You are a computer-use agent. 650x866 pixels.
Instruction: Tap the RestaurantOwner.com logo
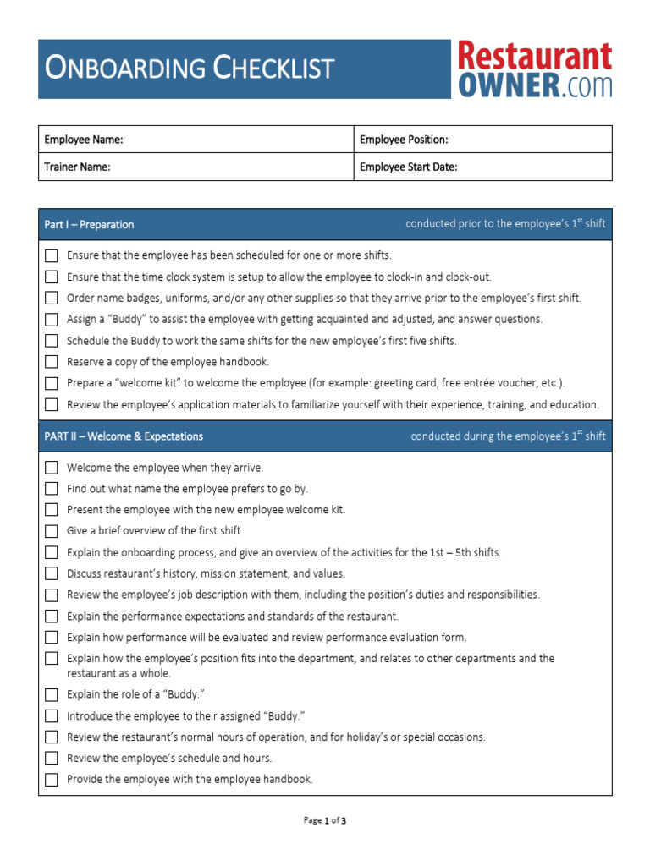(x=534, y=69)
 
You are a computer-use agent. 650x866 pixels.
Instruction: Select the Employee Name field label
(x=84, y=140)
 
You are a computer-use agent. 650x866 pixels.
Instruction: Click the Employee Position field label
(x=404, y=140)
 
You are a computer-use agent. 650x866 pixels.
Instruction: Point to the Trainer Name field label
(x=77, y=167)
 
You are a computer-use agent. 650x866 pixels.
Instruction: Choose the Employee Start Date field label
(x=409, y=167)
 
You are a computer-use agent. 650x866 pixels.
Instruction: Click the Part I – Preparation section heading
(x=89, y=225)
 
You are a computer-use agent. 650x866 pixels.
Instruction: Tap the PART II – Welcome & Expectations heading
(x=124, y=436)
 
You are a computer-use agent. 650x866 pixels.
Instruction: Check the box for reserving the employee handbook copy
(x=52, y=362)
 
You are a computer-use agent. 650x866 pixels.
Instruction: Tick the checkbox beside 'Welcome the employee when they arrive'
(x=52, y=468)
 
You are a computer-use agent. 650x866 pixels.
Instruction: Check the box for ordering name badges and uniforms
(x=52, y=298)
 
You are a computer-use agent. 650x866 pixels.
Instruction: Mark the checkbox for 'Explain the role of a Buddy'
(x=52, y=695)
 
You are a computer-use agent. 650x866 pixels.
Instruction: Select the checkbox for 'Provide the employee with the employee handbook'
(x=52, y=780)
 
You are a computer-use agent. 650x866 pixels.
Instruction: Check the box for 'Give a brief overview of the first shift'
(x=52, y=531)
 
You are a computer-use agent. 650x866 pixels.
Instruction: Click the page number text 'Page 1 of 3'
(x=325, y=820)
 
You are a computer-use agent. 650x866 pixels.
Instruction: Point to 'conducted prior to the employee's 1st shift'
(x=505, y=225)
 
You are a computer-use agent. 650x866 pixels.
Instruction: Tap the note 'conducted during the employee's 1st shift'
(x=508, y=436)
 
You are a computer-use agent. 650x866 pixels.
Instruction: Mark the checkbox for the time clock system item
(x=52, y=277)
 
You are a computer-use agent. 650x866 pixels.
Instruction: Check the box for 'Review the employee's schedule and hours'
(x=52, y=759)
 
